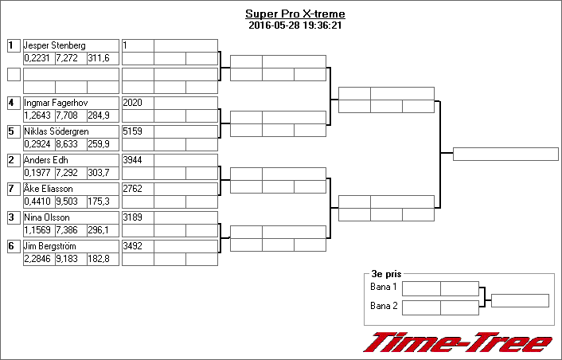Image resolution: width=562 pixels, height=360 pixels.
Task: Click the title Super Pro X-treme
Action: (x=295, y=14)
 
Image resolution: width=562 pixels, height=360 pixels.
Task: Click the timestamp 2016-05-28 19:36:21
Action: (x=295, y=25)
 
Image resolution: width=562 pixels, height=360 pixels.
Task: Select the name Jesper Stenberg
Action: (x=54, y=45)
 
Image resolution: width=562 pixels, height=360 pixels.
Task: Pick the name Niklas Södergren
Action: (x=57, y=131)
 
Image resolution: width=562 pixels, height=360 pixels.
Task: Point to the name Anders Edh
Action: (x=46, y=160)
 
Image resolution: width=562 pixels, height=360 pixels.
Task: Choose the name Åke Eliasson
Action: (x=49, y=189)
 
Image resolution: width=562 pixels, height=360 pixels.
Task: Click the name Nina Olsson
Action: (x=47, y=217)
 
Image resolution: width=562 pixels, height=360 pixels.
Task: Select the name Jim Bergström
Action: (x=50, y=246)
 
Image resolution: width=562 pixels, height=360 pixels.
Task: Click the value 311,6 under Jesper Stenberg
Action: (x=99, y=58)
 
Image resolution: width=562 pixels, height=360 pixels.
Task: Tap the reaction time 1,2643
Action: (x=37, y=115)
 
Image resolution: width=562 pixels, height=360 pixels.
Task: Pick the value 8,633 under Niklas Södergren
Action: (x=67, y=144)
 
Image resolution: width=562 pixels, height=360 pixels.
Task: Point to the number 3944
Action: (x=133, y=160)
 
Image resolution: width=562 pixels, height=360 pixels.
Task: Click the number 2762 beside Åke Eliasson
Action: (x=133, y=189)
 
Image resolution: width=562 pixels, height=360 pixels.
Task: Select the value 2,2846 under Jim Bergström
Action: (x=37, y=259)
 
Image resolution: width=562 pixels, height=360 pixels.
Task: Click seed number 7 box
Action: (x=14, y=189)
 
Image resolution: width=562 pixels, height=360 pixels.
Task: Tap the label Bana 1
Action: (x=384, y=287)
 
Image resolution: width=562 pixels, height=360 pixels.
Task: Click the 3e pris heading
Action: (x=386, y=274)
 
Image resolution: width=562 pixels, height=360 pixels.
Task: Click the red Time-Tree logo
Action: (x=458, y=342)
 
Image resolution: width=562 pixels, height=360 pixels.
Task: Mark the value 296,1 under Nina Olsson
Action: (x=98, y=230)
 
